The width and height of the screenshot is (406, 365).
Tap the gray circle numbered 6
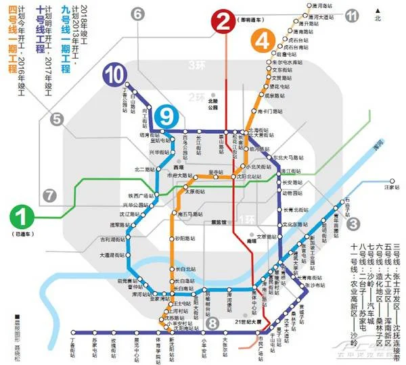[138, 13]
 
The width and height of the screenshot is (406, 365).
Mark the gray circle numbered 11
[351, 16]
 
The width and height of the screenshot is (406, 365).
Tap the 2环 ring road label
[196, 97]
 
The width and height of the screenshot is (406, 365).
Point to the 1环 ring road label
[248, 219]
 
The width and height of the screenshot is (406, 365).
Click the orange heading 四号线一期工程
[11, 47]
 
